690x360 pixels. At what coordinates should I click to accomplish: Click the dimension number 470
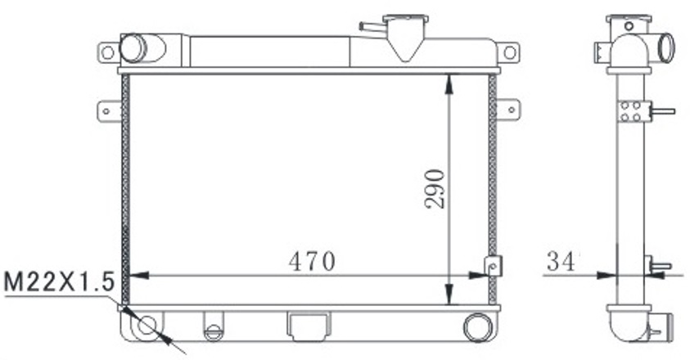tap(311, 261)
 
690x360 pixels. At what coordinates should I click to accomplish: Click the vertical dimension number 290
tap(435, 188)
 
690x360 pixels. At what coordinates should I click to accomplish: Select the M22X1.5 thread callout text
tap(56, 283)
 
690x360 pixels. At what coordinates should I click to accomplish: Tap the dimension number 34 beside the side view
tap(561, 262)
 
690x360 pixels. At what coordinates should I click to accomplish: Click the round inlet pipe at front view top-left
tap(132, 48)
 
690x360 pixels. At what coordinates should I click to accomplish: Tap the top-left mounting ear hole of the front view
tap(107, 52)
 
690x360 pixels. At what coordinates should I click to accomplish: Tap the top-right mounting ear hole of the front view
tap(509, 52)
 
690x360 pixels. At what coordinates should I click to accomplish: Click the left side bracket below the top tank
tap(107, 108)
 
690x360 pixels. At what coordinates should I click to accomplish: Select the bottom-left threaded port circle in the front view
tap(147, 326)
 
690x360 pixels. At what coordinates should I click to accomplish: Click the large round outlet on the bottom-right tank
tap(476, 326)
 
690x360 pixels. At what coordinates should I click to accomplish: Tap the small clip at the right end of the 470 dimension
tap(494, 267)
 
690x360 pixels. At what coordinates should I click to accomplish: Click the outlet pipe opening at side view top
tap(666, 47)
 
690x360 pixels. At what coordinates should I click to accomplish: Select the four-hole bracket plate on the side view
tap(631, 111)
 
